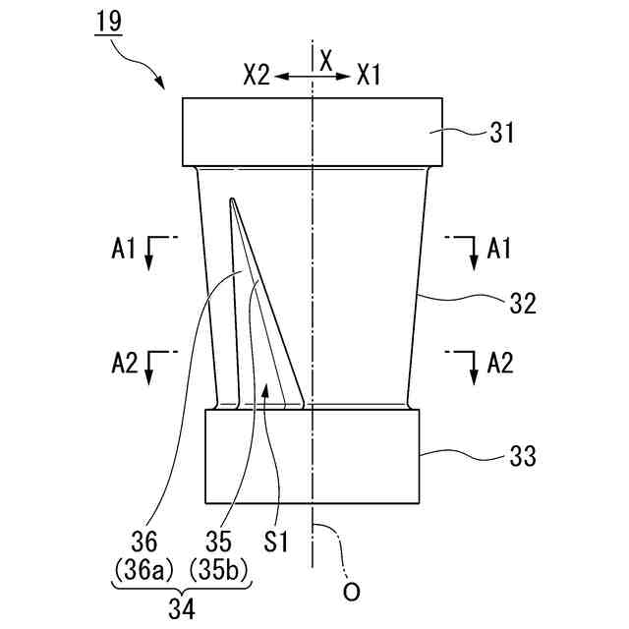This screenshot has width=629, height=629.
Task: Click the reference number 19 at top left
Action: [x=109, y=19]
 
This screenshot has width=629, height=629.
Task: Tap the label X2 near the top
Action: [x=256, y=75]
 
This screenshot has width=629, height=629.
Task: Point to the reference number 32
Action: [x=522, y=304]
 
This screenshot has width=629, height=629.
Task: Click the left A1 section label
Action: [x=124, y=251]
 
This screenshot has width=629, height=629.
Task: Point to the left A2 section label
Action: [x=124, y=364]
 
